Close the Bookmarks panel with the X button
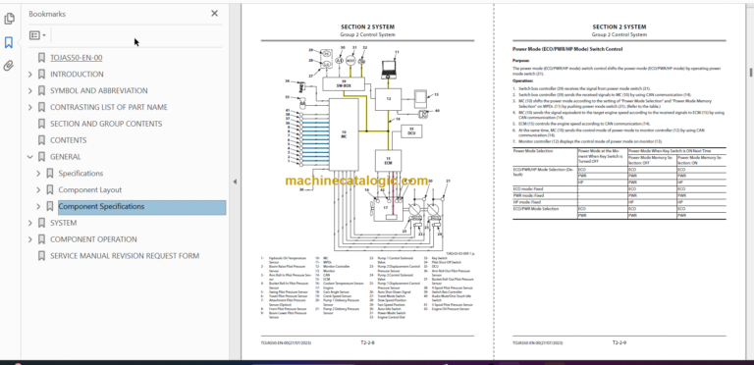point(215,14)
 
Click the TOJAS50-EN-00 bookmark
point(76,57)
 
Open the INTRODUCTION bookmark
point(83,74)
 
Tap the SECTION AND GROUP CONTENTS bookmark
point(106,124)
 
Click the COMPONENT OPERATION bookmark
point(93,239)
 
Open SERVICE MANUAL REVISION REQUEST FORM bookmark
point(124,256)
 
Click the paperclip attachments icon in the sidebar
point(9,66)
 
